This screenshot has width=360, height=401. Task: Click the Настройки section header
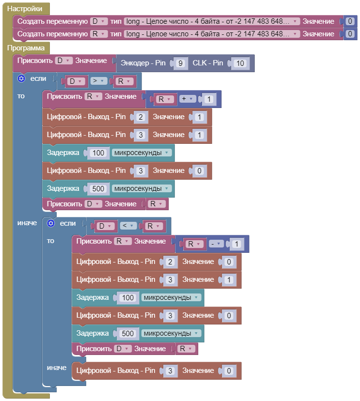click(28, 9)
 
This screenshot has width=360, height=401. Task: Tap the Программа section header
click(26, 48)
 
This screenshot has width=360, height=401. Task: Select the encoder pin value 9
click(180, 63)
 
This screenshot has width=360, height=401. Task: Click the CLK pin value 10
click(239, 63)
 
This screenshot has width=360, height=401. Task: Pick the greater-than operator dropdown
click(98, 81)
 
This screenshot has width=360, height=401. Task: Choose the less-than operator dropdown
click(128, 226)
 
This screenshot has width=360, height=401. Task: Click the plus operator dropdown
click(187, 99)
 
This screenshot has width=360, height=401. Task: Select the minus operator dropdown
click(216, 244)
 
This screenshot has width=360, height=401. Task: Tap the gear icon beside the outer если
click(21, 78)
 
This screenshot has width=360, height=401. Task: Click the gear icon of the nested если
click(50, 223)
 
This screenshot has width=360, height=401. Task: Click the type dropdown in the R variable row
click(212, 34)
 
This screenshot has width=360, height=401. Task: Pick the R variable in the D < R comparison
click(153, 226)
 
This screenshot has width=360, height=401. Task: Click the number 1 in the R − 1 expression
click(236, 244)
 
